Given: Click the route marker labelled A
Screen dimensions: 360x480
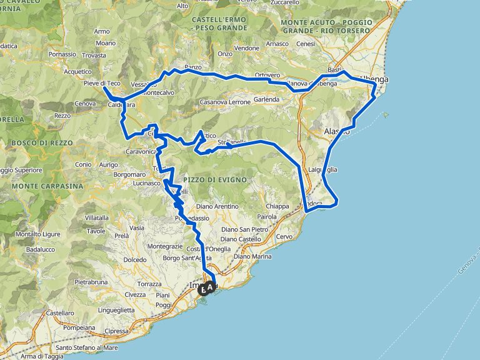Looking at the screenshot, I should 210,288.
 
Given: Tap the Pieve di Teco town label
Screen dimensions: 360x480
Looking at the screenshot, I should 101,83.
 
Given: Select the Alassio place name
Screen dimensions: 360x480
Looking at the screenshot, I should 337,131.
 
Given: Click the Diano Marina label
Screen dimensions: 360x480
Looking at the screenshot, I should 252,256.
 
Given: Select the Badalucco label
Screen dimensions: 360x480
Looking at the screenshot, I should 41,249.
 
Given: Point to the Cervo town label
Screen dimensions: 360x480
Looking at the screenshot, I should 284,236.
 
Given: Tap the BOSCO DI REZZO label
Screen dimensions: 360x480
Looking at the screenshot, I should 41,143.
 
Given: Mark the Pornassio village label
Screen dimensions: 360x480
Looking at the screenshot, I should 62,54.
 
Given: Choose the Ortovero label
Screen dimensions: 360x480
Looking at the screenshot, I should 267,75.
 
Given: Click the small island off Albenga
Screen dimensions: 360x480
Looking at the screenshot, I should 386,114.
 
